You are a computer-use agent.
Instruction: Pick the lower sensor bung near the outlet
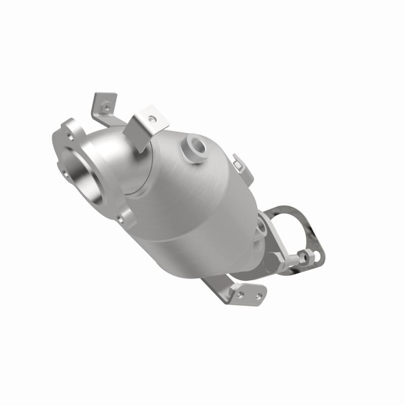click(261, 229)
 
